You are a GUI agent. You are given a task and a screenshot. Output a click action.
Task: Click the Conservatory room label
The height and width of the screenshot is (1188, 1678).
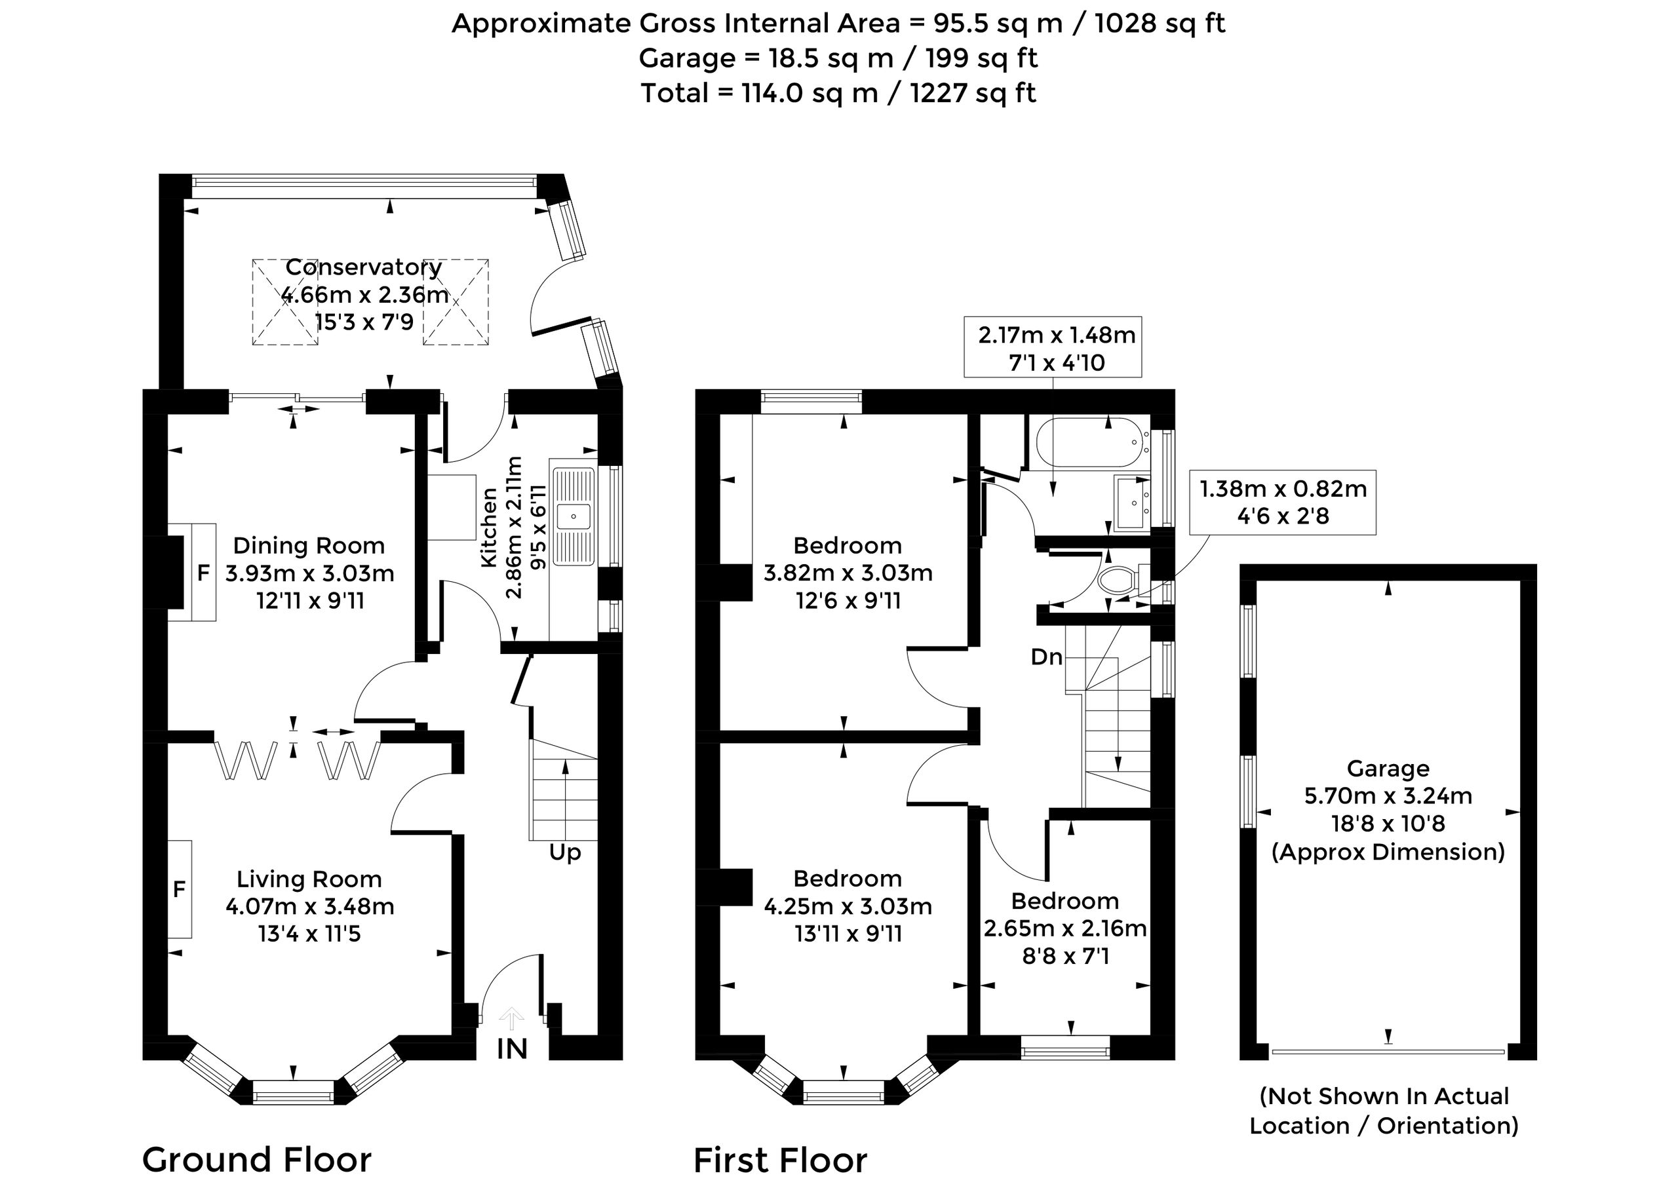coord(364,268)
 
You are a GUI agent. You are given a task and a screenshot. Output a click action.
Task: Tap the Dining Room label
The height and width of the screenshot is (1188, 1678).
coord(309,546)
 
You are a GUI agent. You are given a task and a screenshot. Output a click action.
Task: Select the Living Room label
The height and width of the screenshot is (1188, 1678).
coord(309,879)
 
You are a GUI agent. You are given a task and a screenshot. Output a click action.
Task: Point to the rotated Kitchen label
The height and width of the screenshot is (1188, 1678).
coord(489,527)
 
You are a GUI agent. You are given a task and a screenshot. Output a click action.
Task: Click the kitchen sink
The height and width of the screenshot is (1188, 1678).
coord(574,516)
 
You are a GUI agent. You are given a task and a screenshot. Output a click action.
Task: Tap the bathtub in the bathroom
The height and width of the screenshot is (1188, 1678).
coord(1088,442)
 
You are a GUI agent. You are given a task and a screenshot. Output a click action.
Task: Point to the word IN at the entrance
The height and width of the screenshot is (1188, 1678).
coord(513,1049)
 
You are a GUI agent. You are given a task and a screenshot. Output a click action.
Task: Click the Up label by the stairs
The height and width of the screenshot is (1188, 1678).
coord(565,853)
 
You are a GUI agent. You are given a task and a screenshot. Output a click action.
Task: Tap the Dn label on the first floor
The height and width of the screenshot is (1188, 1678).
coord(1047,657)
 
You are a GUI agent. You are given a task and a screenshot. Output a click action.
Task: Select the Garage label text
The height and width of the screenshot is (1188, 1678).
coord(1388,769)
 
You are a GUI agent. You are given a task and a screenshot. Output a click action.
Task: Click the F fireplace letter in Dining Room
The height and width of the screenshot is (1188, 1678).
coord(203,573)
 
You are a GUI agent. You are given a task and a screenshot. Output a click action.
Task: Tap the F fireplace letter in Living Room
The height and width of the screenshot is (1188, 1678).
coord(178,890)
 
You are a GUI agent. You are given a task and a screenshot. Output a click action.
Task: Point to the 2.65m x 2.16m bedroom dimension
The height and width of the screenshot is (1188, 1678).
coord(1064,929)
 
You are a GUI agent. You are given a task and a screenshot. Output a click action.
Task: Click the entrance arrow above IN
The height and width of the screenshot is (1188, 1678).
coord(511,1019)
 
